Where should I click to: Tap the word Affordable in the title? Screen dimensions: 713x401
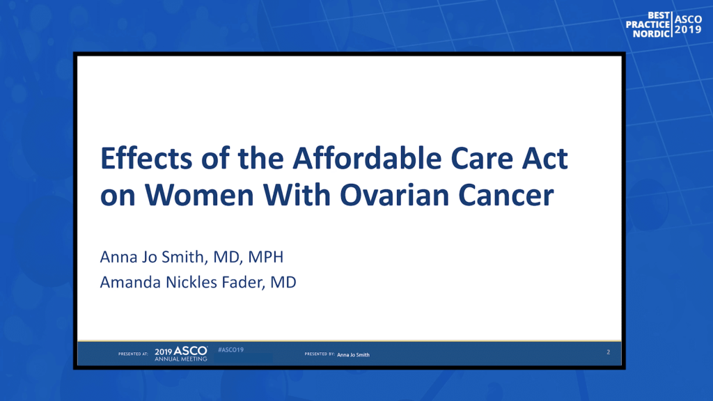367,158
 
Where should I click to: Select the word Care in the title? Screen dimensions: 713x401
482,158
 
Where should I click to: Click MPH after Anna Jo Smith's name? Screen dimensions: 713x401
265,257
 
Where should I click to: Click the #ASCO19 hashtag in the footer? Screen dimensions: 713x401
231,349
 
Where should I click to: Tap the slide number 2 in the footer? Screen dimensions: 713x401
609,352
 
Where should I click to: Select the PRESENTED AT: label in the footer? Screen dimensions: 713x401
133,354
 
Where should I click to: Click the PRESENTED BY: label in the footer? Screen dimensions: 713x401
320,354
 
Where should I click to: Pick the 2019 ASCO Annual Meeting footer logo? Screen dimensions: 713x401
181,354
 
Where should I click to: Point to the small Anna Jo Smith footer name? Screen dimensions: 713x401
353,354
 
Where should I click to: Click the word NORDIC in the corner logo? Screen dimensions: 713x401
652,33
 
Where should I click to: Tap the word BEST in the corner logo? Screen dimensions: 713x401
659,15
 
